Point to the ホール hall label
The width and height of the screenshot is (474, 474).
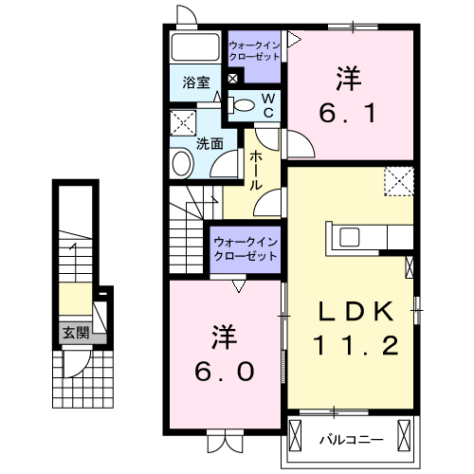[256, 172]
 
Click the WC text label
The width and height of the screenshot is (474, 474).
[268, 105]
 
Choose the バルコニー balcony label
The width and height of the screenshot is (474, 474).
[350, 440]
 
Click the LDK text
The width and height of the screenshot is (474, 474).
[355, 310]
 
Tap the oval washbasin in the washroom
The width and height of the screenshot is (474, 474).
[181, 163]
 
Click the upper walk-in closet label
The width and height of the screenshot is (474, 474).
[254, 49]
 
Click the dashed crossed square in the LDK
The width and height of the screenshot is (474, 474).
[399, 180]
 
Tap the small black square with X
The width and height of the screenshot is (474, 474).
[233, 79]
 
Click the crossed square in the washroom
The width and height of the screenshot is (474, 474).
[181, 122]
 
